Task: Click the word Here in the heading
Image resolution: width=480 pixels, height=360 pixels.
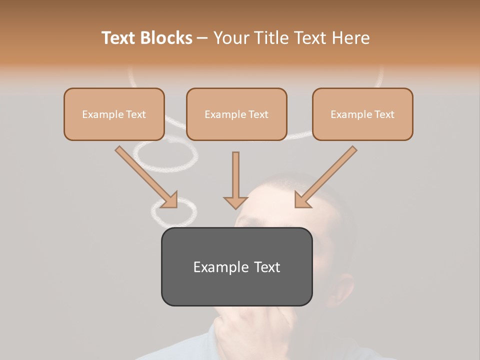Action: click(351, 38)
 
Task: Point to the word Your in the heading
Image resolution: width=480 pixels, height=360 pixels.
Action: click(231, 38)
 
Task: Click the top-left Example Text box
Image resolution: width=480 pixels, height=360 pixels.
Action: click(114, 114)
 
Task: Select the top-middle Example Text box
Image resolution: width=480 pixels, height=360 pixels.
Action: click(236, 114)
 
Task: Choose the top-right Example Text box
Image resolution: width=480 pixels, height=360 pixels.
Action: click(362, 114)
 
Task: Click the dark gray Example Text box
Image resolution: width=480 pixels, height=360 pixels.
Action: click(236, 267)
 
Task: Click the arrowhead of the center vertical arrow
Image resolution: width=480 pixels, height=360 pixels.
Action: click(235, 202)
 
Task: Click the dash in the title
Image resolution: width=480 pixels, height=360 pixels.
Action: click(202, 38)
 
